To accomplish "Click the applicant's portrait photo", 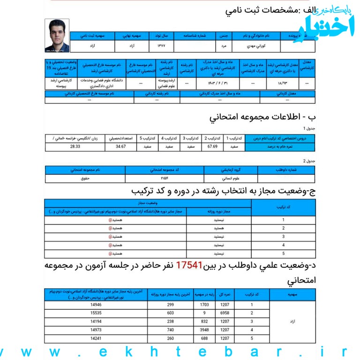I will click(x=57, y=36).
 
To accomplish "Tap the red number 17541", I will click(x=189, y=266).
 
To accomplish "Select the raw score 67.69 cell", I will click(x=212, y=146).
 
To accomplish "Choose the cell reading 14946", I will click(x=96, y=304).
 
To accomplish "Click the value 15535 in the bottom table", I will click(x=96, y=313).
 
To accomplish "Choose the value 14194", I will click(x=96, y=321).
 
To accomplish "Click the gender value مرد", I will click(x=224, y=47).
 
